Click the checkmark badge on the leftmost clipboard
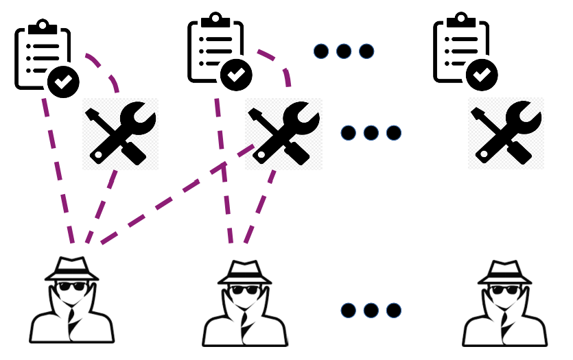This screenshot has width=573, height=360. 63,81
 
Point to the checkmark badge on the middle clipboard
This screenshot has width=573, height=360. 236,73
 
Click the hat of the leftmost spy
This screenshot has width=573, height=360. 72,269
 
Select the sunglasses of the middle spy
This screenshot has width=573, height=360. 244,289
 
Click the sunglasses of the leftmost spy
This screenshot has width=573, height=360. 71,288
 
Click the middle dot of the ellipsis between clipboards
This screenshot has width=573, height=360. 344,51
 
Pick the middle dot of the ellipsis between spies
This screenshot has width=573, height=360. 371,311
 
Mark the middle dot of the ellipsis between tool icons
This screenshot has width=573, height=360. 371,132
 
